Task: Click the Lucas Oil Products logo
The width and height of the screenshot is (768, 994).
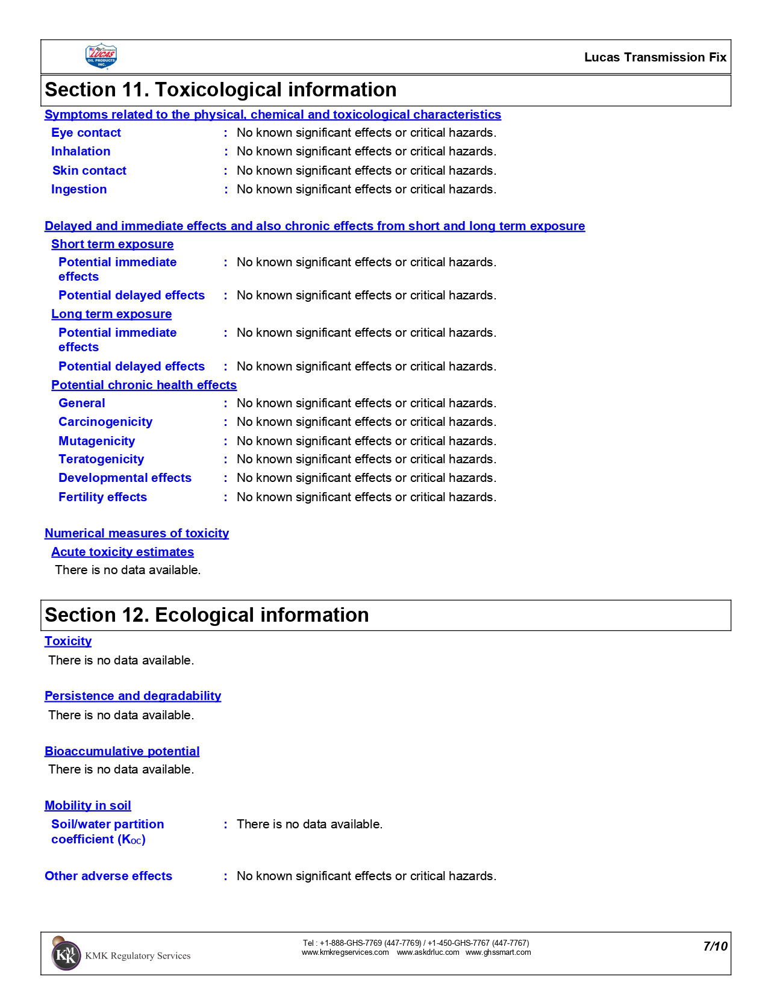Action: (101, 57)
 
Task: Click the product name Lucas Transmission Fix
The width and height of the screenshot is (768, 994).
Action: (655, 57)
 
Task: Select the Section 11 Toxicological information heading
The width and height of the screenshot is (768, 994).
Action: (220, 90)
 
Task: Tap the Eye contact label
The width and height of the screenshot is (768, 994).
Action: (86, 133)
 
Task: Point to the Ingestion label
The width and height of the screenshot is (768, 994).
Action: (79, 189)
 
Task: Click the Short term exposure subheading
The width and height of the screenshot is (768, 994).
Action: (112, 244)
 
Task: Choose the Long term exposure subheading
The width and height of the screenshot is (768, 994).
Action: (111, 314)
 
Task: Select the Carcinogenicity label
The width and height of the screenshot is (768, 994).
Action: (105, 422)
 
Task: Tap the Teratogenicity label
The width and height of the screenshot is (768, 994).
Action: (101, 459)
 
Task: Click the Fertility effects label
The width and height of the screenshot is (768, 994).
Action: (102, 497)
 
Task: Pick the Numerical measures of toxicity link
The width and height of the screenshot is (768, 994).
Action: (137, 533)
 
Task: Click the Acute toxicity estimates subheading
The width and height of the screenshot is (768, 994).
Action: (122, 552)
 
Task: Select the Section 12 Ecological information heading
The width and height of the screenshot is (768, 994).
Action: (207, 615)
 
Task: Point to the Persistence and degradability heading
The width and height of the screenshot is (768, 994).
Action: (133, 696)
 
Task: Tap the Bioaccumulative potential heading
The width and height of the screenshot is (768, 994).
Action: (122, 751)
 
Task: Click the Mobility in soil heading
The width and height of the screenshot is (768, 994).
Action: (87, 805)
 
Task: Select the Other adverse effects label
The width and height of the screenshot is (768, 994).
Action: (108, 876)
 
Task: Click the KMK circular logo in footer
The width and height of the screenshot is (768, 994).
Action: (66, 955)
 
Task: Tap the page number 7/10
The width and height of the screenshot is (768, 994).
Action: (715, 946)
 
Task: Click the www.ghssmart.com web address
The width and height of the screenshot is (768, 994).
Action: (498, 952)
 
